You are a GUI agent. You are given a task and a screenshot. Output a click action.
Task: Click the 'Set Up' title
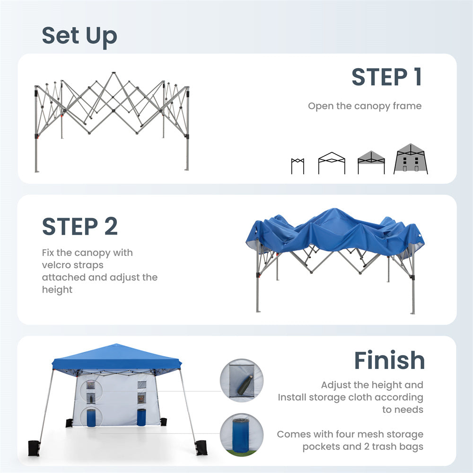click(x=79, y=36)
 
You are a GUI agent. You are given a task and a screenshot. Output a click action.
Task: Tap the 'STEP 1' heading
click(x=386, y=77)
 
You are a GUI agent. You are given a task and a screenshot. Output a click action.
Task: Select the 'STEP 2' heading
click(x=80, y=226)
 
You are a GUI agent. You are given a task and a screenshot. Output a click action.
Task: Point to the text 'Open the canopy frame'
click(x=365, y=106)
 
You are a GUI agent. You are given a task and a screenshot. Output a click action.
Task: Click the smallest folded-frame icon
click(x=298, y=166)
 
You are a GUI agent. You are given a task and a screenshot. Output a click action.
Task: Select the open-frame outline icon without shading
click(x=332, y=163)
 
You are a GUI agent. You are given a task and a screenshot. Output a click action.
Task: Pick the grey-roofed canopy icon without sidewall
click(x=371, y=162)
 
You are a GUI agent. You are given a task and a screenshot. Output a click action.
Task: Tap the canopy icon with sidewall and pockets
click(x=411, y=158)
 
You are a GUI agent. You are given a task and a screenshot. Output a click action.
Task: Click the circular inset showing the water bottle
click(x=242, y=380)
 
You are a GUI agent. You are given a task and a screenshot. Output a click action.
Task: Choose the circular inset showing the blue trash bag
click(x=242, y=435)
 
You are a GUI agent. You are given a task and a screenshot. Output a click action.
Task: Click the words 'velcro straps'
click(x=73, y=265)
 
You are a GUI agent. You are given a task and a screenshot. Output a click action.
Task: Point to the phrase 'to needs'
click(x=403, y=410)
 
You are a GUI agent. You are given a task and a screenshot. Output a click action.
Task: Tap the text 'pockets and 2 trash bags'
click(x=363, y=447)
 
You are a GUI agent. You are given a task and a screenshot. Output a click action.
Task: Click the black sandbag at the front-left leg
click(x=34, y=448)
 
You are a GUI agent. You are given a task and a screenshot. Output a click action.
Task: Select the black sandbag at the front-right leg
click(x=201, y=447)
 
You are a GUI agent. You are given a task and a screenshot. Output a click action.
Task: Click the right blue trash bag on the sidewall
click(x=141, y=417)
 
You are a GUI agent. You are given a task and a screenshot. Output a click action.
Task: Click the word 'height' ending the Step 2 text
click(x=57, y=290)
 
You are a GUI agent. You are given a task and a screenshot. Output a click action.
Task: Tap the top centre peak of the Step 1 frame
click(x=114, y=73)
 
